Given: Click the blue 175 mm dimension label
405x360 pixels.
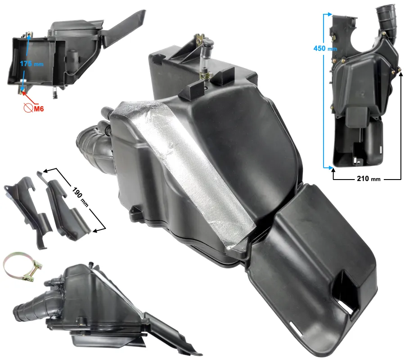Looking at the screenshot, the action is tap(31, 63).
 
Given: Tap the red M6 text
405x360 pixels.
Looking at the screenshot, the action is tap(39, 109).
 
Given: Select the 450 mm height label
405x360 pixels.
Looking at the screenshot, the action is tap(325, 48).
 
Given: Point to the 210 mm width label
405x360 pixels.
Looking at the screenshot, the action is tap(369, 179).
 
